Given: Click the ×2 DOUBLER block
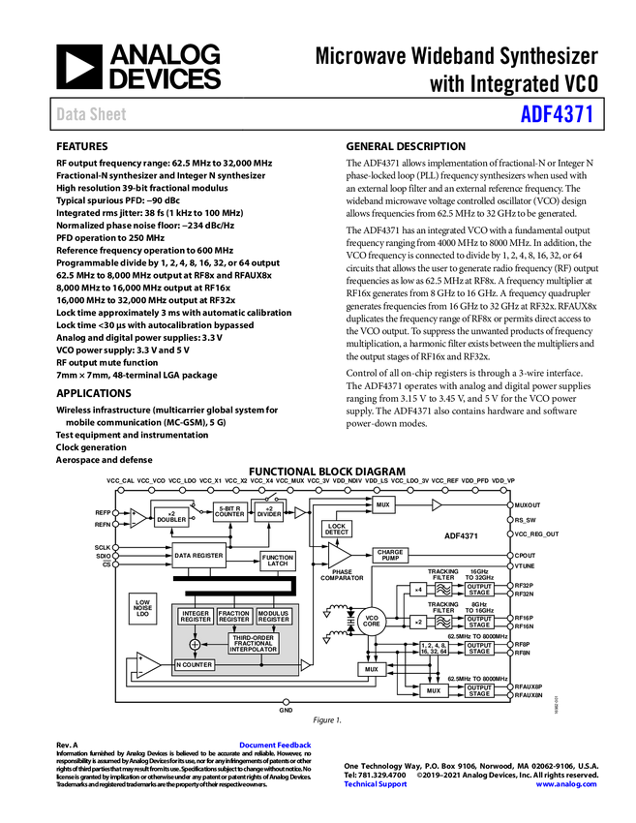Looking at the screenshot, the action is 171,517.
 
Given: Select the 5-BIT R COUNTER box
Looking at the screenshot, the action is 230,511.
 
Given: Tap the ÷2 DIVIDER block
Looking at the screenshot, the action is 270,511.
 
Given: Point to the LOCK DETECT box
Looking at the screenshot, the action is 336,529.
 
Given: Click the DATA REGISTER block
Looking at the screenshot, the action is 198,556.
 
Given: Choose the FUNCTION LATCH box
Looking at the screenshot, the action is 278,561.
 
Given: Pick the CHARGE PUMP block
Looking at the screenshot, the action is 391,555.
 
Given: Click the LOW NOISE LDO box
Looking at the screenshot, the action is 142,608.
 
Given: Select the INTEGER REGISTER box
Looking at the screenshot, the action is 196,616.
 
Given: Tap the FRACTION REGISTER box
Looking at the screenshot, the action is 234,616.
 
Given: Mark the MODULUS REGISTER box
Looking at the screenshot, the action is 274,616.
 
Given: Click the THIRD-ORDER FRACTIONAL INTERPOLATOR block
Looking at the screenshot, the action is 254,643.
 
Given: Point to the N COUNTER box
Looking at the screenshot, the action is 195,665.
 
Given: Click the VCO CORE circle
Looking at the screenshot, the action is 372,622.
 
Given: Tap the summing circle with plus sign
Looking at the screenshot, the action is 195,644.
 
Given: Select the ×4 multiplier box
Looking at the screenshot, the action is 418,589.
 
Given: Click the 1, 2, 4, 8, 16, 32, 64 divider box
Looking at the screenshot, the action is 434,648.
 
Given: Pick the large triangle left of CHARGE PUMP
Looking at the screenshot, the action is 339,555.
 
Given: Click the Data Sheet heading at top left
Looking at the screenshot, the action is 92,114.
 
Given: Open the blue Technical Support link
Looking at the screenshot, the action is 376,784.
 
